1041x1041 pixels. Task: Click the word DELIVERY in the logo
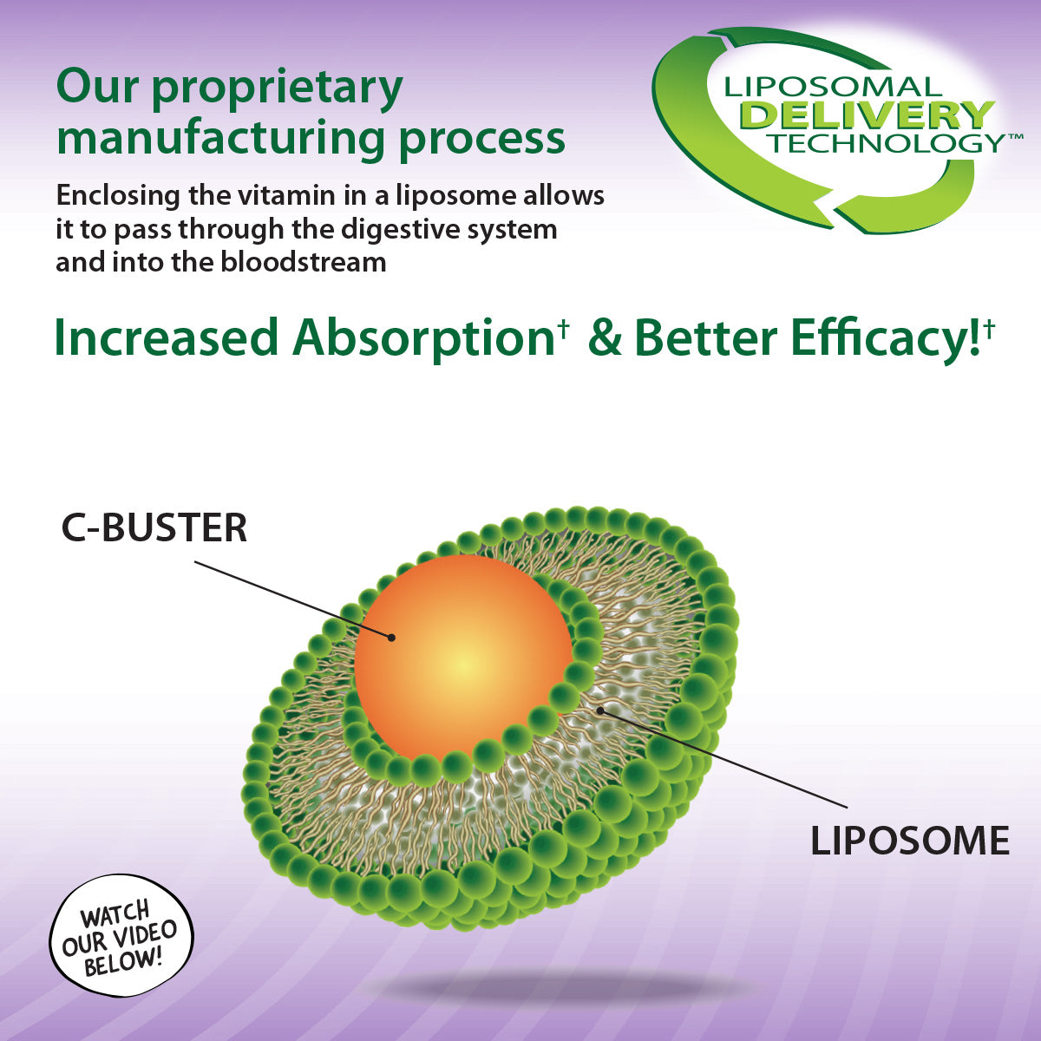pos(867,115)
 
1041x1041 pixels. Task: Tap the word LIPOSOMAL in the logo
pos(832,87)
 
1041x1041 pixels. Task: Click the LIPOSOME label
pos(910,841)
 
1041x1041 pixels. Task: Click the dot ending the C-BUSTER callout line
pos(391,638)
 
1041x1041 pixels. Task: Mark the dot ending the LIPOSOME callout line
pos(600,711)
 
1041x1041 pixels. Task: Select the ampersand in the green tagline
pos(606,338)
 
